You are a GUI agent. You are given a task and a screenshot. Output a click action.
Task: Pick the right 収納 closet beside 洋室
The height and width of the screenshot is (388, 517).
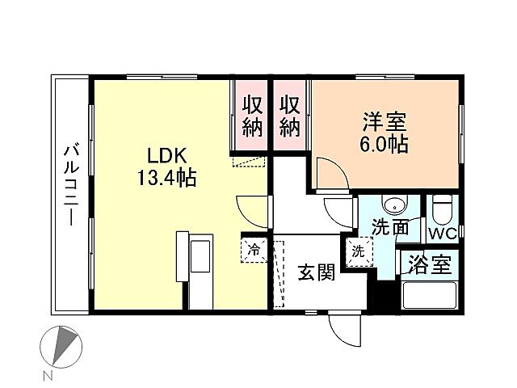pyautogui.click(x=290, y=116)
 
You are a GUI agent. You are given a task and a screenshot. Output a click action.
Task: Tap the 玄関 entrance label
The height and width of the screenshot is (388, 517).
pyautogui.click(x=315, y=273)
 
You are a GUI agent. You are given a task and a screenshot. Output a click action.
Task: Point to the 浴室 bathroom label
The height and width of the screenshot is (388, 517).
pyautogui.click(x=430, y=266)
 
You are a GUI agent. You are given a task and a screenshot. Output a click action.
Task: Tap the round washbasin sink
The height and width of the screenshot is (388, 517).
pyautogui.click(x=393, y=205)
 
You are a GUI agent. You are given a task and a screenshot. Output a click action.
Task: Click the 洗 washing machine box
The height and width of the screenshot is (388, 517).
pyautogui.click(x=358, y=251)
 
